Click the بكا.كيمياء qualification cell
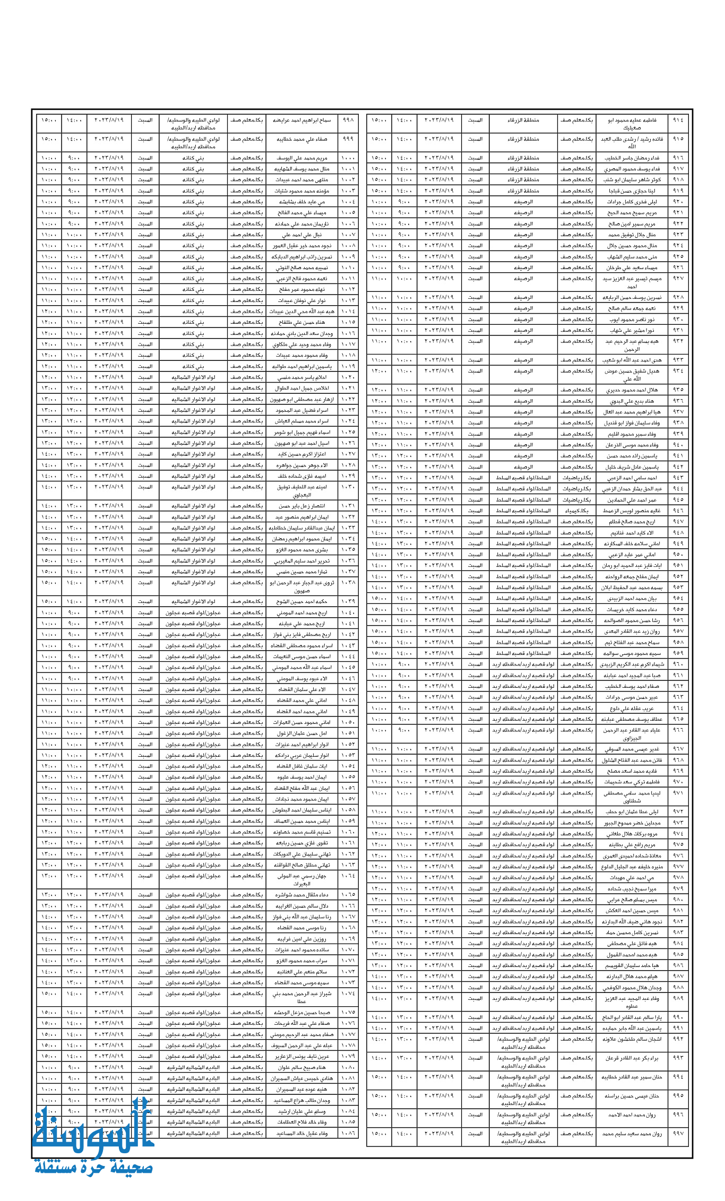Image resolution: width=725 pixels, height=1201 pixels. point(576,511)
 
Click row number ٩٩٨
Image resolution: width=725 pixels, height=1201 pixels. point(349,120)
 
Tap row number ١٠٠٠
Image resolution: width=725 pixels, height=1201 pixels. point(349,158)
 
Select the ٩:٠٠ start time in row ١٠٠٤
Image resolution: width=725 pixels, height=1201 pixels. point(74,202)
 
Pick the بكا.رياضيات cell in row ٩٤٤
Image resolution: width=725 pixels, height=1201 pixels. point(576,489)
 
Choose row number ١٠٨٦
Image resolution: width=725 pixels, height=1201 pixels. point(349,1133)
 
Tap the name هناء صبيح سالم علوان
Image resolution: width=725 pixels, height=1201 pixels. point(300,1067)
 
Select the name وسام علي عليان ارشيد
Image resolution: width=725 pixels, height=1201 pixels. point(300,1111)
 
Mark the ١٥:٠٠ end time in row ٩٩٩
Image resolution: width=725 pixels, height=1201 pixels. point(49,139)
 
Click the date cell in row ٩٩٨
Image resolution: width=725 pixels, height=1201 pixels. point(109,120)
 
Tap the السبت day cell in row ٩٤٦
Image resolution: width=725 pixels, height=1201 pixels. point(475,511)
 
